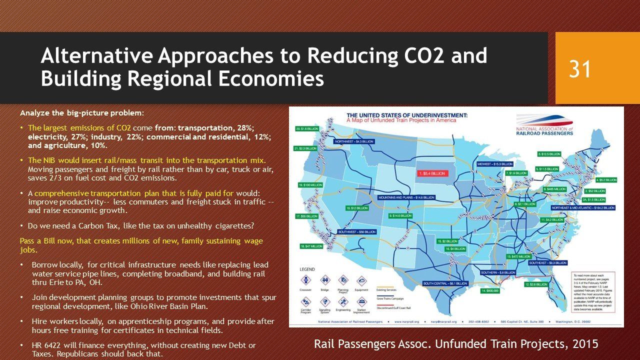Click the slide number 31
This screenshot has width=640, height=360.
click(579, 69)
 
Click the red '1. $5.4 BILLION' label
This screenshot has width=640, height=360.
click(431, 173)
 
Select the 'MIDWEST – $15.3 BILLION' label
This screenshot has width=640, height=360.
click(494, 164)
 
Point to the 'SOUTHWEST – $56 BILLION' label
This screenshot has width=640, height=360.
click(356, 232)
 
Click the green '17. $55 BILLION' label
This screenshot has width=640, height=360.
click(306, 216)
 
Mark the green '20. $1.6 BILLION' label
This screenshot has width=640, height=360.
click(306, 129)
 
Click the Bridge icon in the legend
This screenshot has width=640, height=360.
click(325, 280)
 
